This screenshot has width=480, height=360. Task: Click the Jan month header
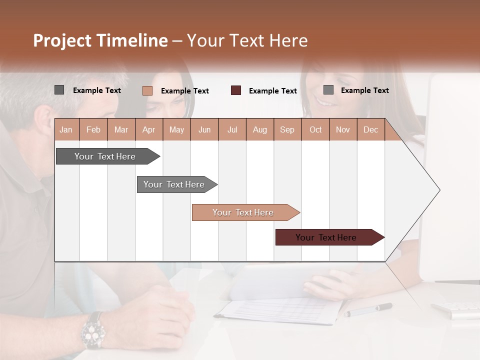[x=66, y=129]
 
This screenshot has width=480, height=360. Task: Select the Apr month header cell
[x=148, y=129]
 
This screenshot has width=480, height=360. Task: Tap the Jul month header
[x=232, y=129]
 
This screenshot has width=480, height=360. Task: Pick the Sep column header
[x=287, y=129]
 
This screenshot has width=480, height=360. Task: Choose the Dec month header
[x=370, y=129]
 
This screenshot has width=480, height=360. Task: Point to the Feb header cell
[x=93, y=129]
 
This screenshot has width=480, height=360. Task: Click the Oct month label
[x=315, y=129]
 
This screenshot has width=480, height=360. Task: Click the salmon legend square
[x=147, y=90]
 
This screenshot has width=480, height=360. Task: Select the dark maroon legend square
[x=236, y=90]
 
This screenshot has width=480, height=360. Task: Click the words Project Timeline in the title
[x=100, y=40]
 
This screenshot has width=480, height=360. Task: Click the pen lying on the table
[x=368, y=309]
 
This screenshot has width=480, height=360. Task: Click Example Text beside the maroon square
[x=272, y=91]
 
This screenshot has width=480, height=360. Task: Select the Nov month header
[x=343, y=129]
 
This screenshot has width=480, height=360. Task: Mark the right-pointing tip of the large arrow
[x=438, y=190]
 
